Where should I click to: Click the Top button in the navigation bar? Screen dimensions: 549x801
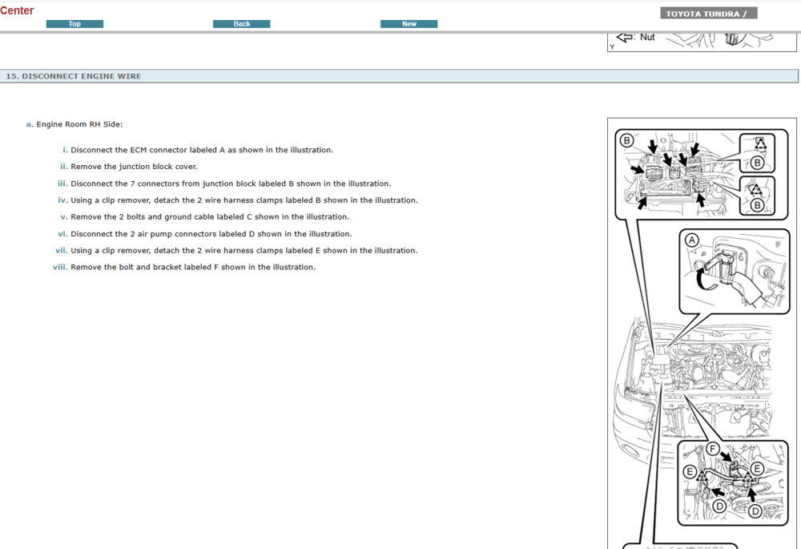tap(74, 24)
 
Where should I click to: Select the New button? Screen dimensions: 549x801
tap(409, 24)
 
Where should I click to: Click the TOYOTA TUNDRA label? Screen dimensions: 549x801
tap(708, 14)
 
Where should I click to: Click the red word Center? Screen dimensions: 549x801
tap(17, 10)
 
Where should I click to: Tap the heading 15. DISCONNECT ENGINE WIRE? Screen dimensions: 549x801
tap(74, 76)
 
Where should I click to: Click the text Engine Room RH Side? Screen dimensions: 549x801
tap(79, 124)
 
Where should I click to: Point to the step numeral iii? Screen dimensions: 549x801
tap(62, 184)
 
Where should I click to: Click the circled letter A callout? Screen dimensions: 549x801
tap(692, 239)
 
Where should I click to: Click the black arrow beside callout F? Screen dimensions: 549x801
tap(726, 457)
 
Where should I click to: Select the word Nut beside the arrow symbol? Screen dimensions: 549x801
tap(647, 37)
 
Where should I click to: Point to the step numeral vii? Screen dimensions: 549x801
tap(60, 250)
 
